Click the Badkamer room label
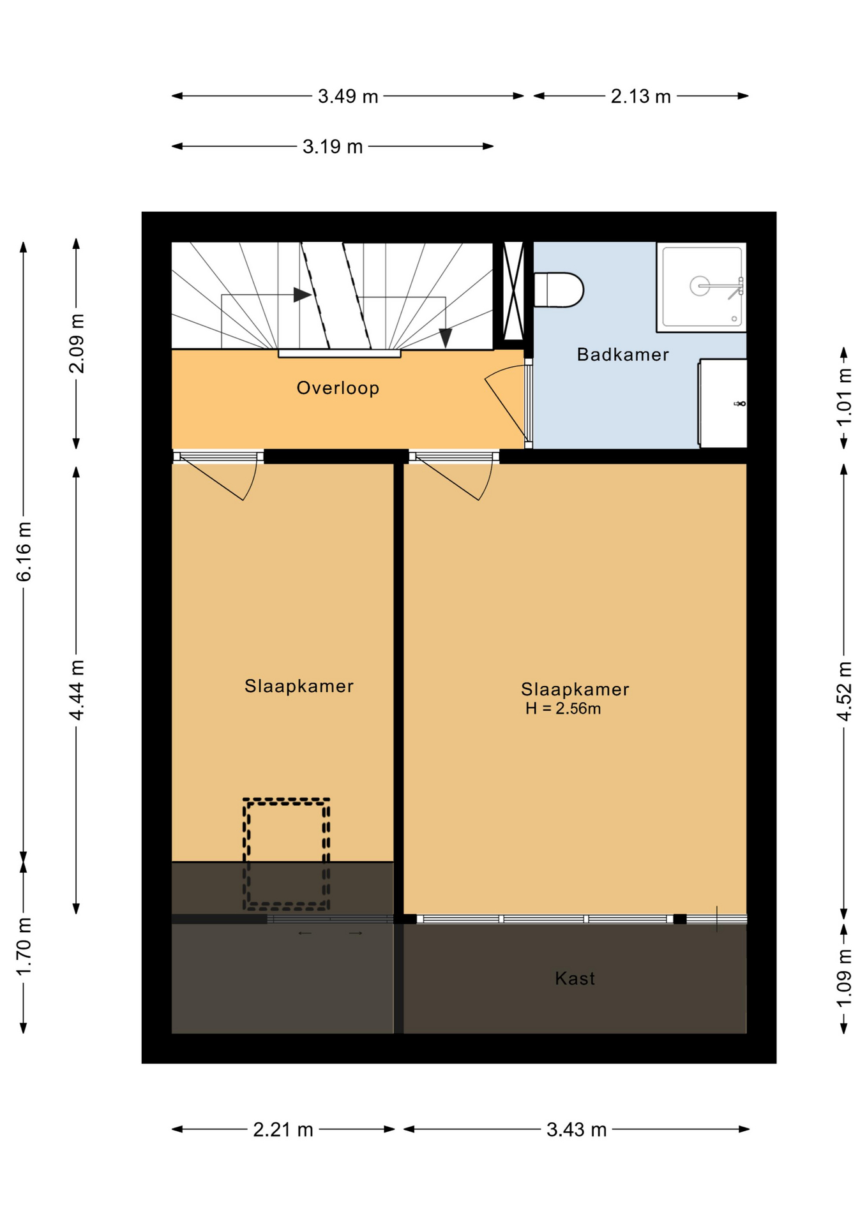coord(622,355)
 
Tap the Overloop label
coord(338,388)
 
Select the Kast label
coord(575,978)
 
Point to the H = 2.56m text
coord(562,709)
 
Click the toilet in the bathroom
coord(558,290)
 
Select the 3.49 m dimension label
coord(348,96)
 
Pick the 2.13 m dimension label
coord(640,96)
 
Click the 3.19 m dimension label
coord(332,147)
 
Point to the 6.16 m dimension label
coord(24,551)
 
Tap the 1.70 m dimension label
coord(24,946)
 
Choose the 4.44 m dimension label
coord(77,690)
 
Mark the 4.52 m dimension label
coord(844,692)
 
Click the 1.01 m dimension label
coord(844,397)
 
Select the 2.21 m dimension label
coord(283,1130)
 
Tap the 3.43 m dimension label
coord(576,1130)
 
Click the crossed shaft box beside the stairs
coord(513,290)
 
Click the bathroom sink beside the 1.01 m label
coord(723,403)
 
